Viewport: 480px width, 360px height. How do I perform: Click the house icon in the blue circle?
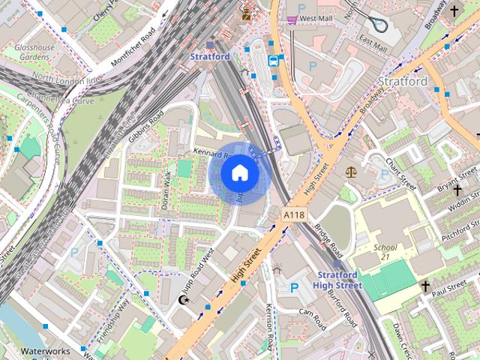[x=239, y=173]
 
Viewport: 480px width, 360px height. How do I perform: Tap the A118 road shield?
[x=295, y=215]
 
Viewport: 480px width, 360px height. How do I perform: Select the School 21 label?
[x=385, y=253]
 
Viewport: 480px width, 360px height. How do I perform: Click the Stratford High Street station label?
[x=337, y=280]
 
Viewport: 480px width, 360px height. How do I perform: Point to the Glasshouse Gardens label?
[x=34, y=52]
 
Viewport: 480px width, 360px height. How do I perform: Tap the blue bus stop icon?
[x=274, y=60]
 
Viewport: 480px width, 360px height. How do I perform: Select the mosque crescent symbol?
[x=181, y=300]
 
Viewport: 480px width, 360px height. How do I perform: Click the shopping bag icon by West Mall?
[x=290, y=18]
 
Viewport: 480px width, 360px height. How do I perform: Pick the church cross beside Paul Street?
[x=425, y=286]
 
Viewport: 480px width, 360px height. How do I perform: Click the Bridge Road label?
[x=328, y=239]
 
